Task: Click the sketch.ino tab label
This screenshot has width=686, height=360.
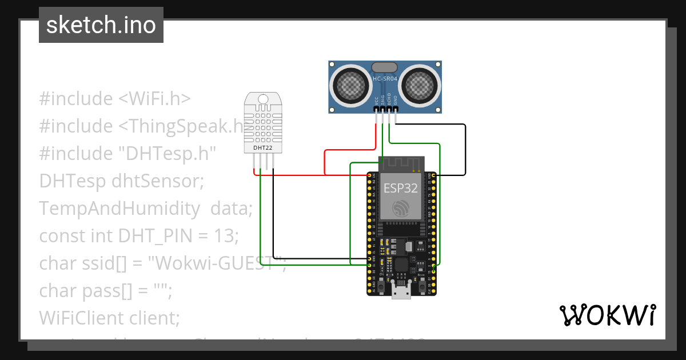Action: click(101, 25)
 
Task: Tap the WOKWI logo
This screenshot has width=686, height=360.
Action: click(607, 315)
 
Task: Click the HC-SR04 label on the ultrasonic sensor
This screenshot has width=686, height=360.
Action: click(384, 79)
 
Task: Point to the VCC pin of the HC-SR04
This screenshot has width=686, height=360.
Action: click(376, 109)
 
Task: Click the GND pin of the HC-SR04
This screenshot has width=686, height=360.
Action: click(395, 109)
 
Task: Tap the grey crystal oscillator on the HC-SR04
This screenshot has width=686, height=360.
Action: click(384, 67)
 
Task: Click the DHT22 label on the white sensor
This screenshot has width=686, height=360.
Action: click(263, 147)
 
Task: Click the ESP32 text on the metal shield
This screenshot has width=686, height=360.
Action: click(400, 188)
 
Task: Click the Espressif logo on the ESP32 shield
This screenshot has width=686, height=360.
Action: click(400, 208)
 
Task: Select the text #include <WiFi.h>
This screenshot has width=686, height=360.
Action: click(114, 98)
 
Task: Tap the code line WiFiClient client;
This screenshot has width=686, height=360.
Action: click(109, 318)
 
